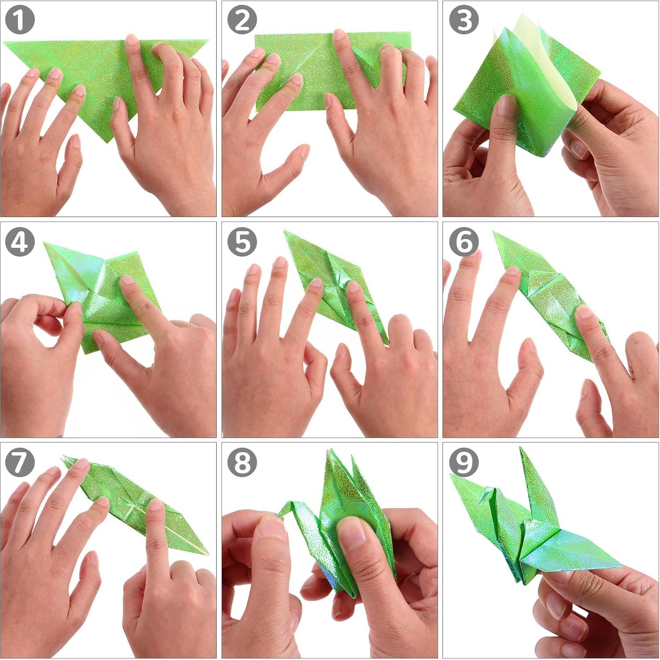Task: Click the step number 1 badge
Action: coord(20,20)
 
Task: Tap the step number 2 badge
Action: coord(242,20)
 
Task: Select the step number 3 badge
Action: coord(464,20)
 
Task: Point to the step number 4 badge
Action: coord(20,242)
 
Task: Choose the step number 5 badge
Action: coord(242,242)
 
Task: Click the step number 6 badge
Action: coord(464,242)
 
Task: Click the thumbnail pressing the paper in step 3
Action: coord(506,106)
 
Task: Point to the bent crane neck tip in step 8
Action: coord(280,513)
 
